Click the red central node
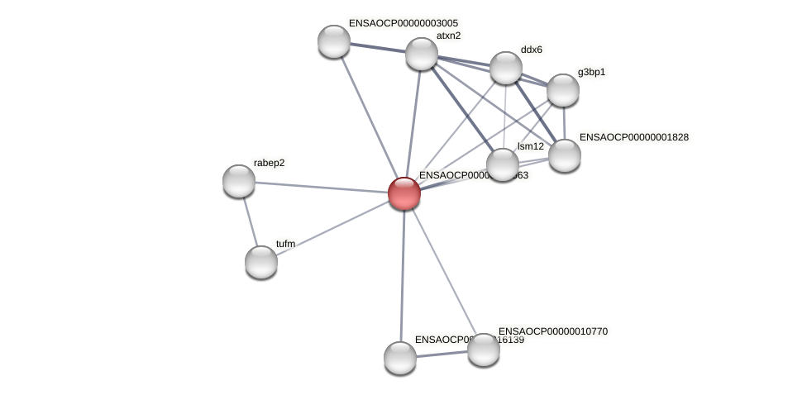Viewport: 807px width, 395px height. [404, 193]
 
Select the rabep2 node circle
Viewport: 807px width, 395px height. [239, 181]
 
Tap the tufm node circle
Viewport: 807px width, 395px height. [261, 262]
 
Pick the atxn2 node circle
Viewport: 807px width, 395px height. [422, 54]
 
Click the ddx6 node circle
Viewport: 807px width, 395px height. [506, 68]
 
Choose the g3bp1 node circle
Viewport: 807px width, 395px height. [563, 90]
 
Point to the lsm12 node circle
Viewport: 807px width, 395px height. [503, 164]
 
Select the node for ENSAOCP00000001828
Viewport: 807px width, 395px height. [565, 155]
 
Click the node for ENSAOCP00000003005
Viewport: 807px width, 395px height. [334, 41]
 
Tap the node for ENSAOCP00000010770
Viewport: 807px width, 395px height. [484, 350]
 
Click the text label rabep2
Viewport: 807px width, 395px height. [269, 163]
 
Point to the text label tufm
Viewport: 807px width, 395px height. [285, 244]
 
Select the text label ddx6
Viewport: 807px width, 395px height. [531, 50]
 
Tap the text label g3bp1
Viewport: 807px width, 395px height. [591, 72]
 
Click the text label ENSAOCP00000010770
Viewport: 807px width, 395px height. [552, 331]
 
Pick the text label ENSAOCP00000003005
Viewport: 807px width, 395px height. [403, 23]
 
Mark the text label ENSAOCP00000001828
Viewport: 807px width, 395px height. [633, 137]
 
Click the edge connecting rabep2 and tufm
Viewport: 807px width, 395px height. [250, 221]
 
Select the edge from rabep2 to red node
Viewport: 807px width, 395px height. [322, 187]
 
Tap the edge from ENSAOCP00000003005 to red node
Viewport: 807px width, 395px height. [369, 117]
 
